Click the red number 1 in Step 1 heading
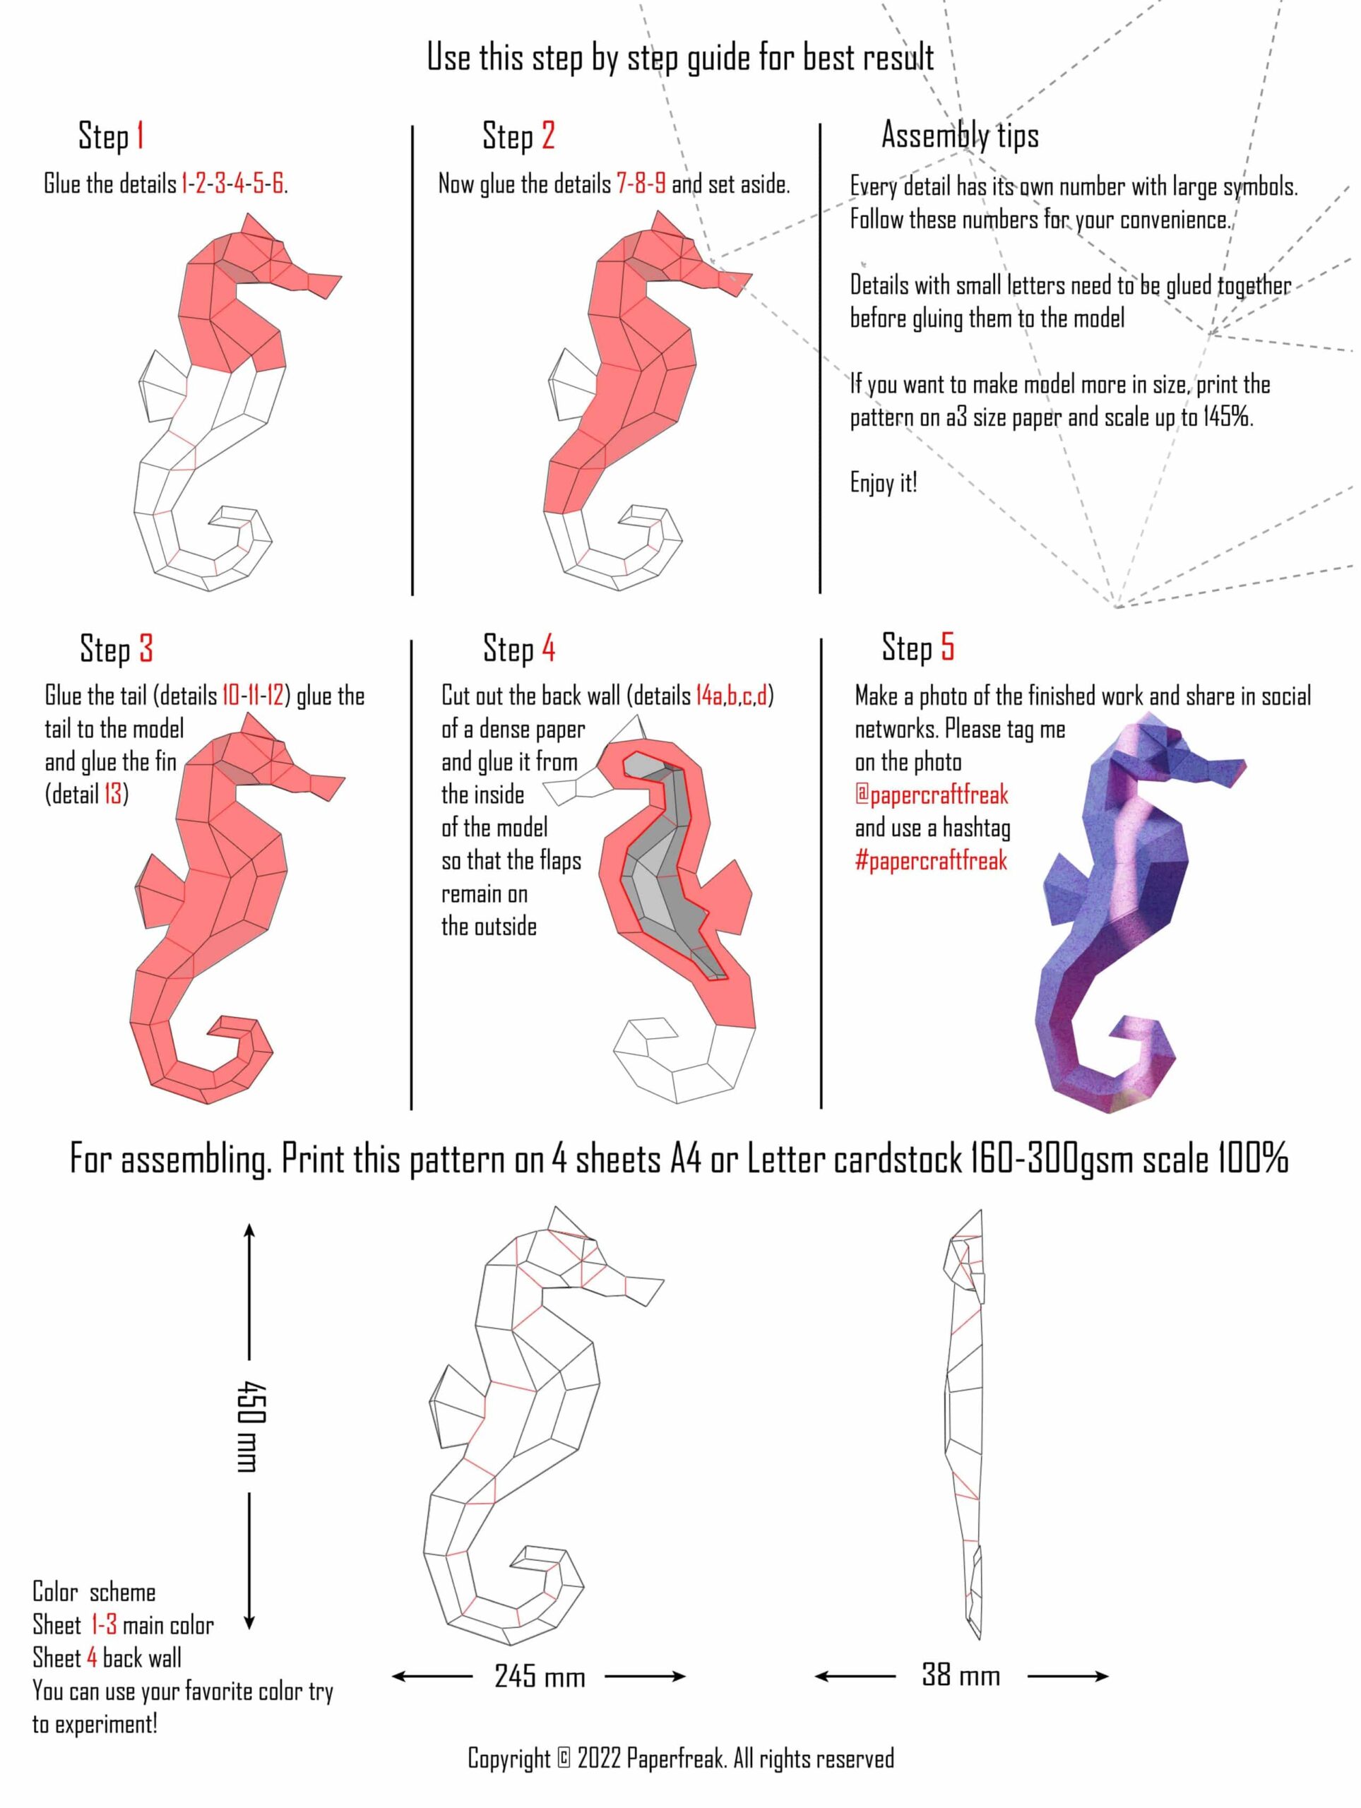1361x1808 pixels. tap(141, 136)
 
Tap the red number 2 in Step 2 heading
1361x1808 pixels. tap(547, 136)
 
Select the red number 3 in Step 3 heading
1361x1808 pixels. tap(145, 648)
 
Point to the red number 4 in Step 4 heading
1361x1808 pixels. tap(549, 648)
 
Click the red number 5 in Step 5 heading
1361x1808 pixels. tap(947, 646)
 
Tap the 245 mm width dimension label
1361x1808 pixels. tap(540, 1677)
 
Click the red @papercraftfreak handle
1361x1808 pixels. tap(931, 795)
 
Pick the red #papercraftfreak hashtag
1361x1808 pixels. tap(931, 860)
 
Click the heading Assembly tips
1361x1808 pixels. tap(960, 135)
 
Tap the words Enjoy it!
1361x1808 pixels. tap(884, 482)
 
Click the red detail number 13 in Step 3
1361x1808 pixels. tap(113, 795)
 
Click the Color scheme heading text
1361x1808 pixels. tap(94, 1592)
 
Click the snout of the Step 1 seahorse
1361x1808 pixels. tap(323, 285)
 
